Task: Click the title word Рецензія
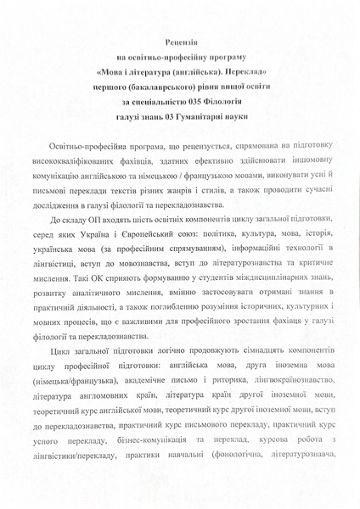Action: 179,41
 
